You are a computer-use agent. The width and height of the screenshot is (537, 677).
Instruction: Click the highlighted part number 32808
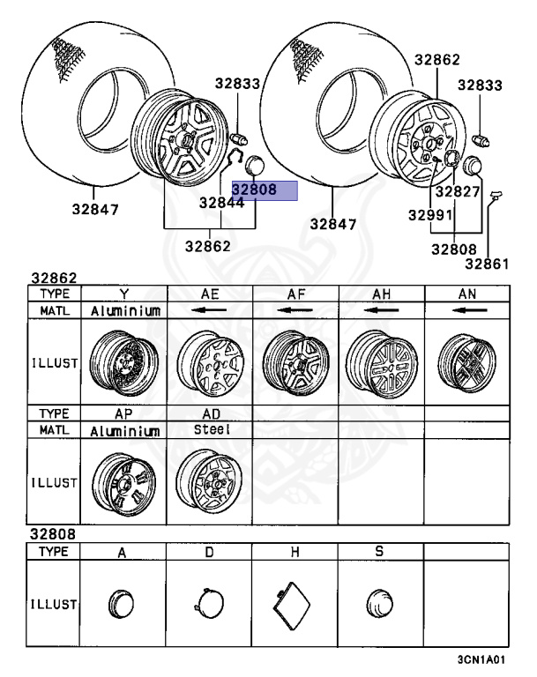[255, 190]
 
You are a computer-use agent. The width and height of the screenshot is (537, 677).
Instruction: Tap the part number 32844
[221, 203]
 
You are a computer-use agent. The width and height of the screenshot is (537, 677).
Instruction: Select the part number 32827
[458, 191]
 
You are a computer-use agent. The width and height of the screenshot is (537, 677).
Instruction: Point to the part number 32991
[430, 214]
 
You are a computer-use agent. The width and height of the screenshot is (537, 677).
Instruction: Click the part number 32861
[487, 264]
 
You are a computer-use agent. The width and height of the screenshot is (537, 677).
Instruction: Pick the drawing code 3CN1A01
[481, 659]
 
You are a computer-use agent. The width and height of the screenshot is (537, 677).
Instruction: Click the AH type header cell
[382, 294]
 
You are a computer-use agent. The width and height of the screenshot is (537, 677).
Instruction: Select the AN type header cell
[467, 294]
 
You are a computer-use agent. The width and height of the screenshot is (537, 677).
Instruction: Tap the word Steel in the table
[212, 429]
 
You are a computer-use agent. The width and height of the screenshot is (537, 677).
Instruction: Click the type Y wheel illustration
[124, 362]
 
